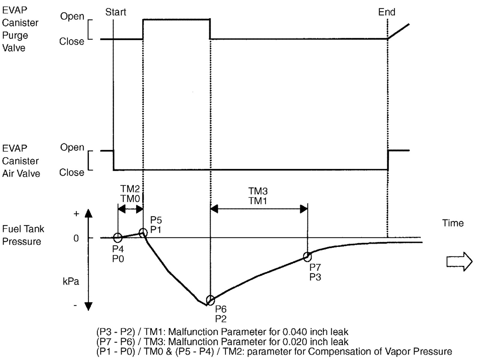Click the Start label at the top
115,12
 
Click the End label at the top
387,12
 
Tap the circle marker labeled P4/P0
118,238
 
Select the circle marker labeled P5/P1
143,233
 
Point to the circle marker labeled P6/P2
210,300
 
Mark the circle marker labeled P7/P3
307,257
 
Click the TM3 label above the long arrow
258,191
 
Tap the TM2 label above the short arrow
130,189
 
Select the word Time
453,223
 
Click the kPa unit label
71,282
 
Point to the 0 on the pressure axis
76,238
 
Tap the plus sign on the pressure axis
76,214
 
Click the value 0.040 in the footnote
295,332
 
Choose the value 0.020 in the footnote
295,342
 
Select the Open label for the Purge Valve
72,16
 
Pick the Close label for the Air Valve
72,172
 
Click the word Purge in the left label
15,35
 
